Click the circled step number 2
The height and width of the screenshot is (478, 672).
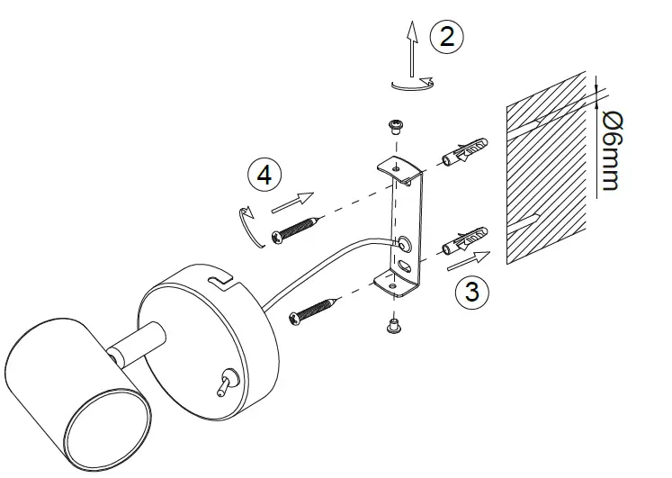(x=447, y=37)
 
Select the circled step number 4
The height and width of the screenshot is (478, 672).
(x=264, y=175)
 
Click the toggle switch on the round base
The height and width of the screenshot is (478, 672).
(x=222, y=384)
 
